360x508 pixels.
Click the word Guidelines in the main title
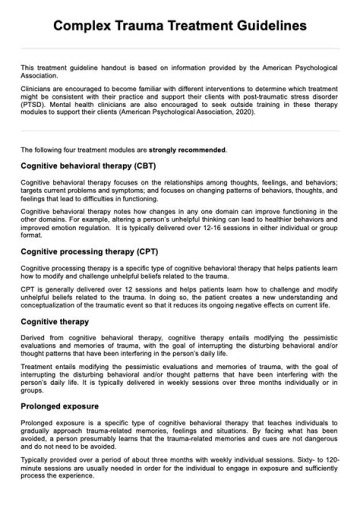click(269, 26)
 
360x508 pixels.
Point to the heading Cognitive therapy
click(55, 321)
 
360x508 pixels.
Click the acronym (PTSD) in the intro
click(31, 105)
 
